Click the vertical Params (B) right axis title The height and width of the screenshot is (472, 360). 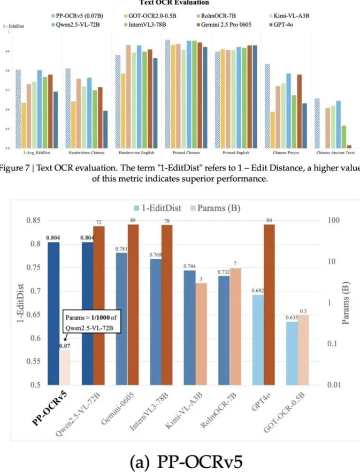[x=353, y=302]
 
